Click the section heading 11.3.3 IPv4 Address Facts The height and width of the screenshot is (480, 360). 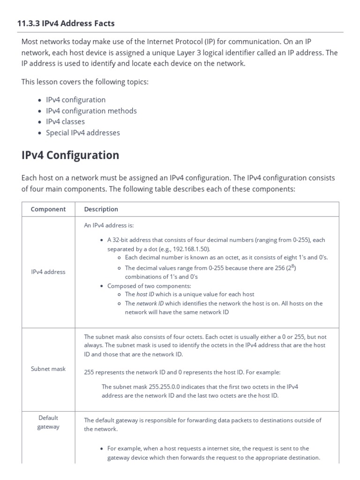click(x=66, y=23)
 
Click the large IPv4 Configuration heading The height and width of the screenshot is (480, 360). click(x=70, y=155)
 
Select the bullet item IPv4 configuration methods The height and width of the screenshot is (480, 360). click(x=91, y=111)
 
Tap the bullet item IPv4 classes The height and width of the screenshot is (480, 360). click(x=65, y=121)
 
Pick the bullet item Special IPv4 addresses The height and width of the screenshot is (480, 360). click(x=82, y=133)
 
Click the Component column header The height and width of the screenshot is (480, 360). click(x=48, y=209)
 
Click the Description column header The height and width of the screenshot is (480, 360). click(x=101, y=209)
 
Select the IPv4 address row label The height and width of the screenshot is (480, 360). click(x=48, y=272)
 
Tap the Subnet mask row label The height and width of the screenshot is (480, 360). click(x=48, y=369)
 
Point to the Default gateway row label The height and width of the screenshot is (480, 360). click(x=48, y=422)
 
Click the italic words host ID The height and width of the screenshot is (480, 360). click(x=145, y=294)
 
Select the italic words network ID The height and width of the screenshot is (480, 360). click(x=150, y=303)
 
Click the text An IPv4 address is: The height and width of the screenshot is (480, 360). click(x=109, y=225)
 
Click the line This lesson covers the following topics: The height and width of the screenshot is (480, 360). click(x=85, y=82)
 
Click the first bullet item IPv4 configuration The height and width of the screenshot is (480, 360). click(x=75, y=100)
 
